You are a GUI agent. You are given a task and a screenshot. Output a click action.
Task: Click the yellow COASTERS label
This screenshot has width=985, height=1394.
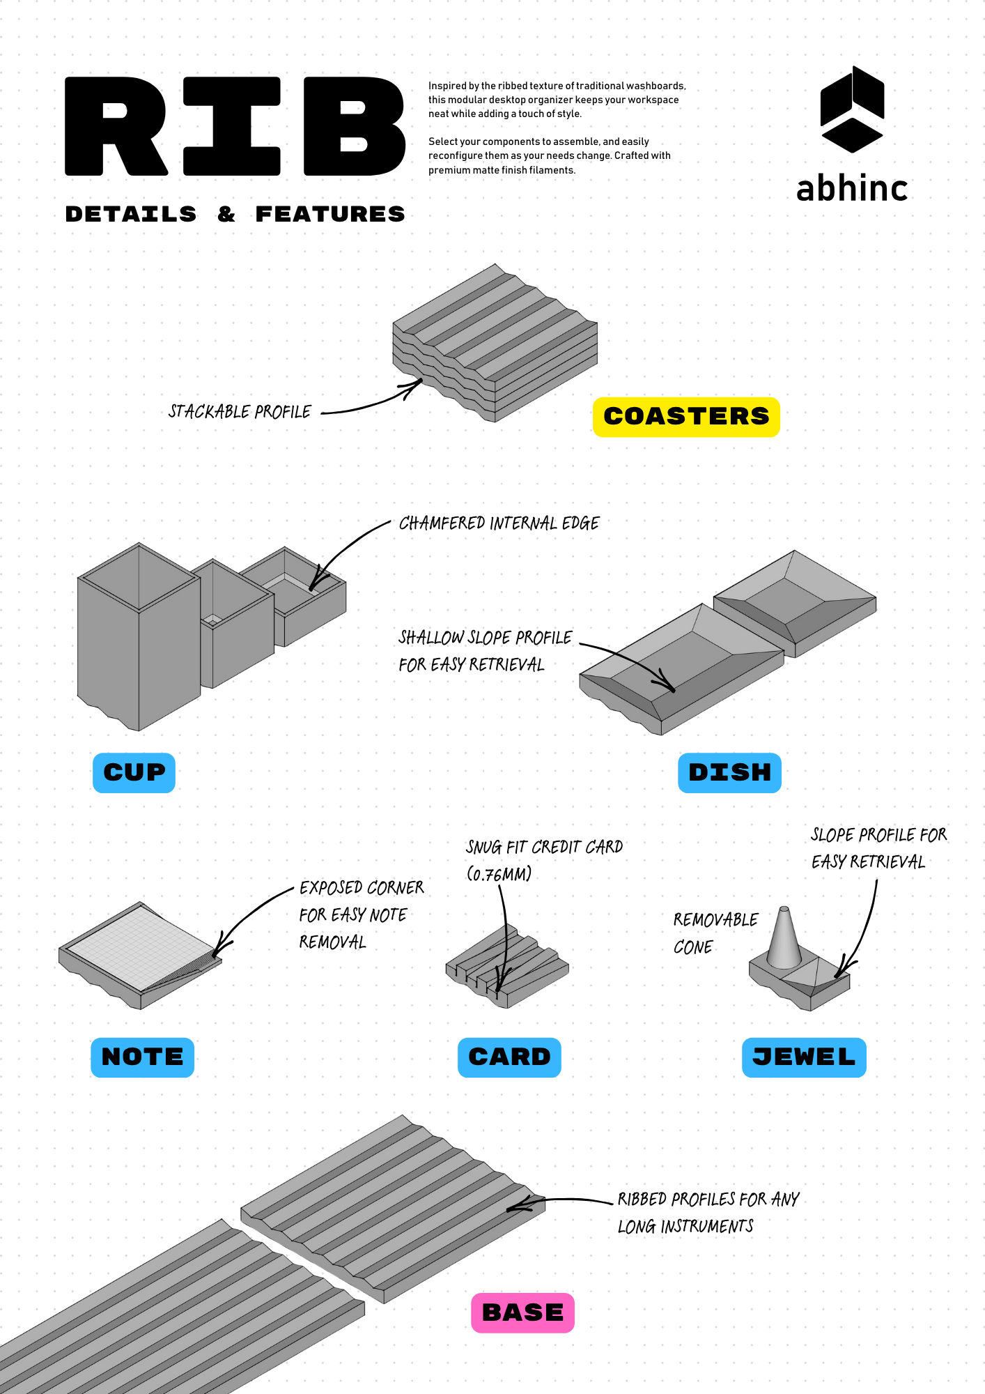click(686, 417)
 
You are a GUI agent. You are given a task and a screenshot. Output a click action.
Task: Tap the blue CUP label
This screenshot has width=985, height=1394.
click(134, 772)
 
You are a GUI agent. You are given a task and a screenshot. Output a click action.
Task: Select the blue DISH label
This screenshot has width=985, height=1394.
click(729, 772)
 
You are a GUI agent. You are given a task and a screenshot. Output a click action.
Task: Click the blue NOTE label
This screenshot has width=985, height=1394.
click(142, 1057)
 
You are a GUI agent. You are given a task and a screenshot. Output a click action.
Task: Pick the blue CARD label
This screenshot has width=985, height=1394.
click(509, 1057)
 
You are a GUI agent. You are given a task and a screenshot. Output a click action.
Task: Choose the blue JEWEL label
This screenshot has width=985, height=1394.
click(804, 1057)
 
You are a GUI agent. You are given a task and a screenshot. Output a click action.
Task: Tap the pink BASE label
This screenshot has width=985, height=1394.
click(522, 1312)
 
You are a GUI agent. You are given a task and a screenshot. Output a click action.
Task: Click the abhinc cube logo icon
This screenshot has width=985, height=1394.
click(852, 109)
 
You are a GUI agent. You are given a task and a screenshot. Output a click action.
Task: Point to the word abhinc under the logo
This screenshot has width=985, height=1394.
click(852, 189)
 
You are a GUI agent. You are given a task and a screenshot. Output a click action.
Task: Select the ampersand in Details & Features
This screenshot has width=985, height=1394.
click(226, 214)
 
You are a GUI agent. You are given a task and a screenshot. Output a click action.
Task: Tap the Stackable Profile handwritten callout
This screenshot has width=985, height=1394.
click(240, 411)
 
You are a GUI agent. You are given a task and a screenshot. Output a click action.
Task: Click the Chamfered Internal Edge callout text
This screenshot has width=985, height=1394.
click(499, 523)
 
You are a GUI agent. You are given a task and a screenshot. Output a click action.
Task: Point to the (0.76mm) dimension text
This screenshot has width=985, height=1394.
click(499, 874)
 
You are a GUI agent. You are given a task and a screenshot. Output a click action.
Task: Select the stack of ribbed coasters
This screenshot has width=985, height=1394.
click(495, 342)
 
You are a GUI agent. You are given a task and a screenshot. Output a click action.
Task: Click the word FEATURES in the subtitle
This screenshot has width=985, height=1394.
click(330, 214)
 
